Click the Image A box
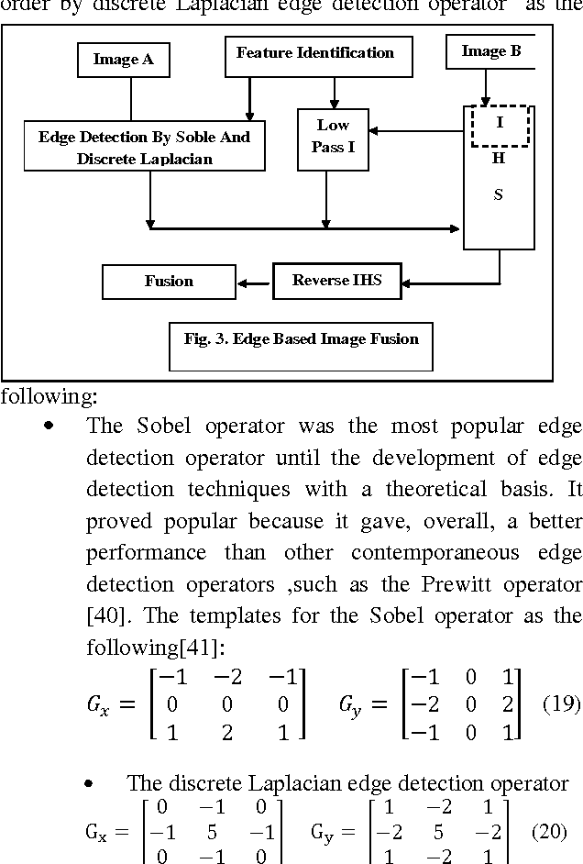pyautogui.click(x=123, y=60)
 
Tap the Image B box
pyautogui.click(x=490, y=51)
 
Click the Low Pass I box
pyautogui.click(x=333, y=136)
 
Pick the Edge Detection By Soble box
pyautogui.click(x=144, y=148)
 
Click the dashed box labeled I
pyautogui.click(x=499, y=125)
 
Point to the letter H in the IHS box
pyautogui.click(x=498, y=158)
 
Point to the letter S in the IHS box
pyautogui.click(x=498, y=194)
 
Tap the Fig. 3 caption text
pyautogui.click(x=301, y=339)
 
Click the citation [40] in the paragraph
pyautogui.click(x=101, y=615)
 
